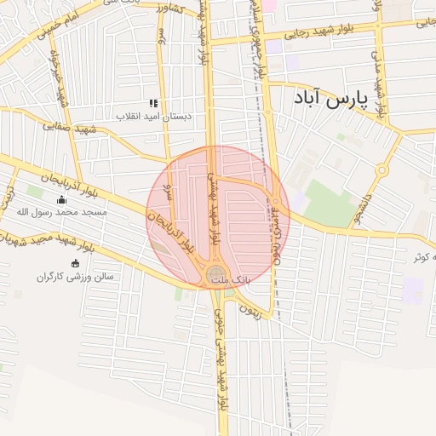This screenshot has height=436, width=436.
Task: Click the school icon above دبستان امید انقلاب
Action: click(153, 102)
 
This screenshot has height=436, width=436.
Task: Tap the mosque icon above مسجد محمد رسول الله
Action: click(60, 200)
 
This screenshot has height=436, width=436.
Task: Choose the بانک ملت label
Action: click(242, 278)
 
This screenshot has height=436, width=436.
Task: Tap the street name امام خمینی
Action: click(59, 26)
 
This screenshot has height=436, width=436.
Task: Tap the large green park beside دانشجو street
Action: click(328, 204)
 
